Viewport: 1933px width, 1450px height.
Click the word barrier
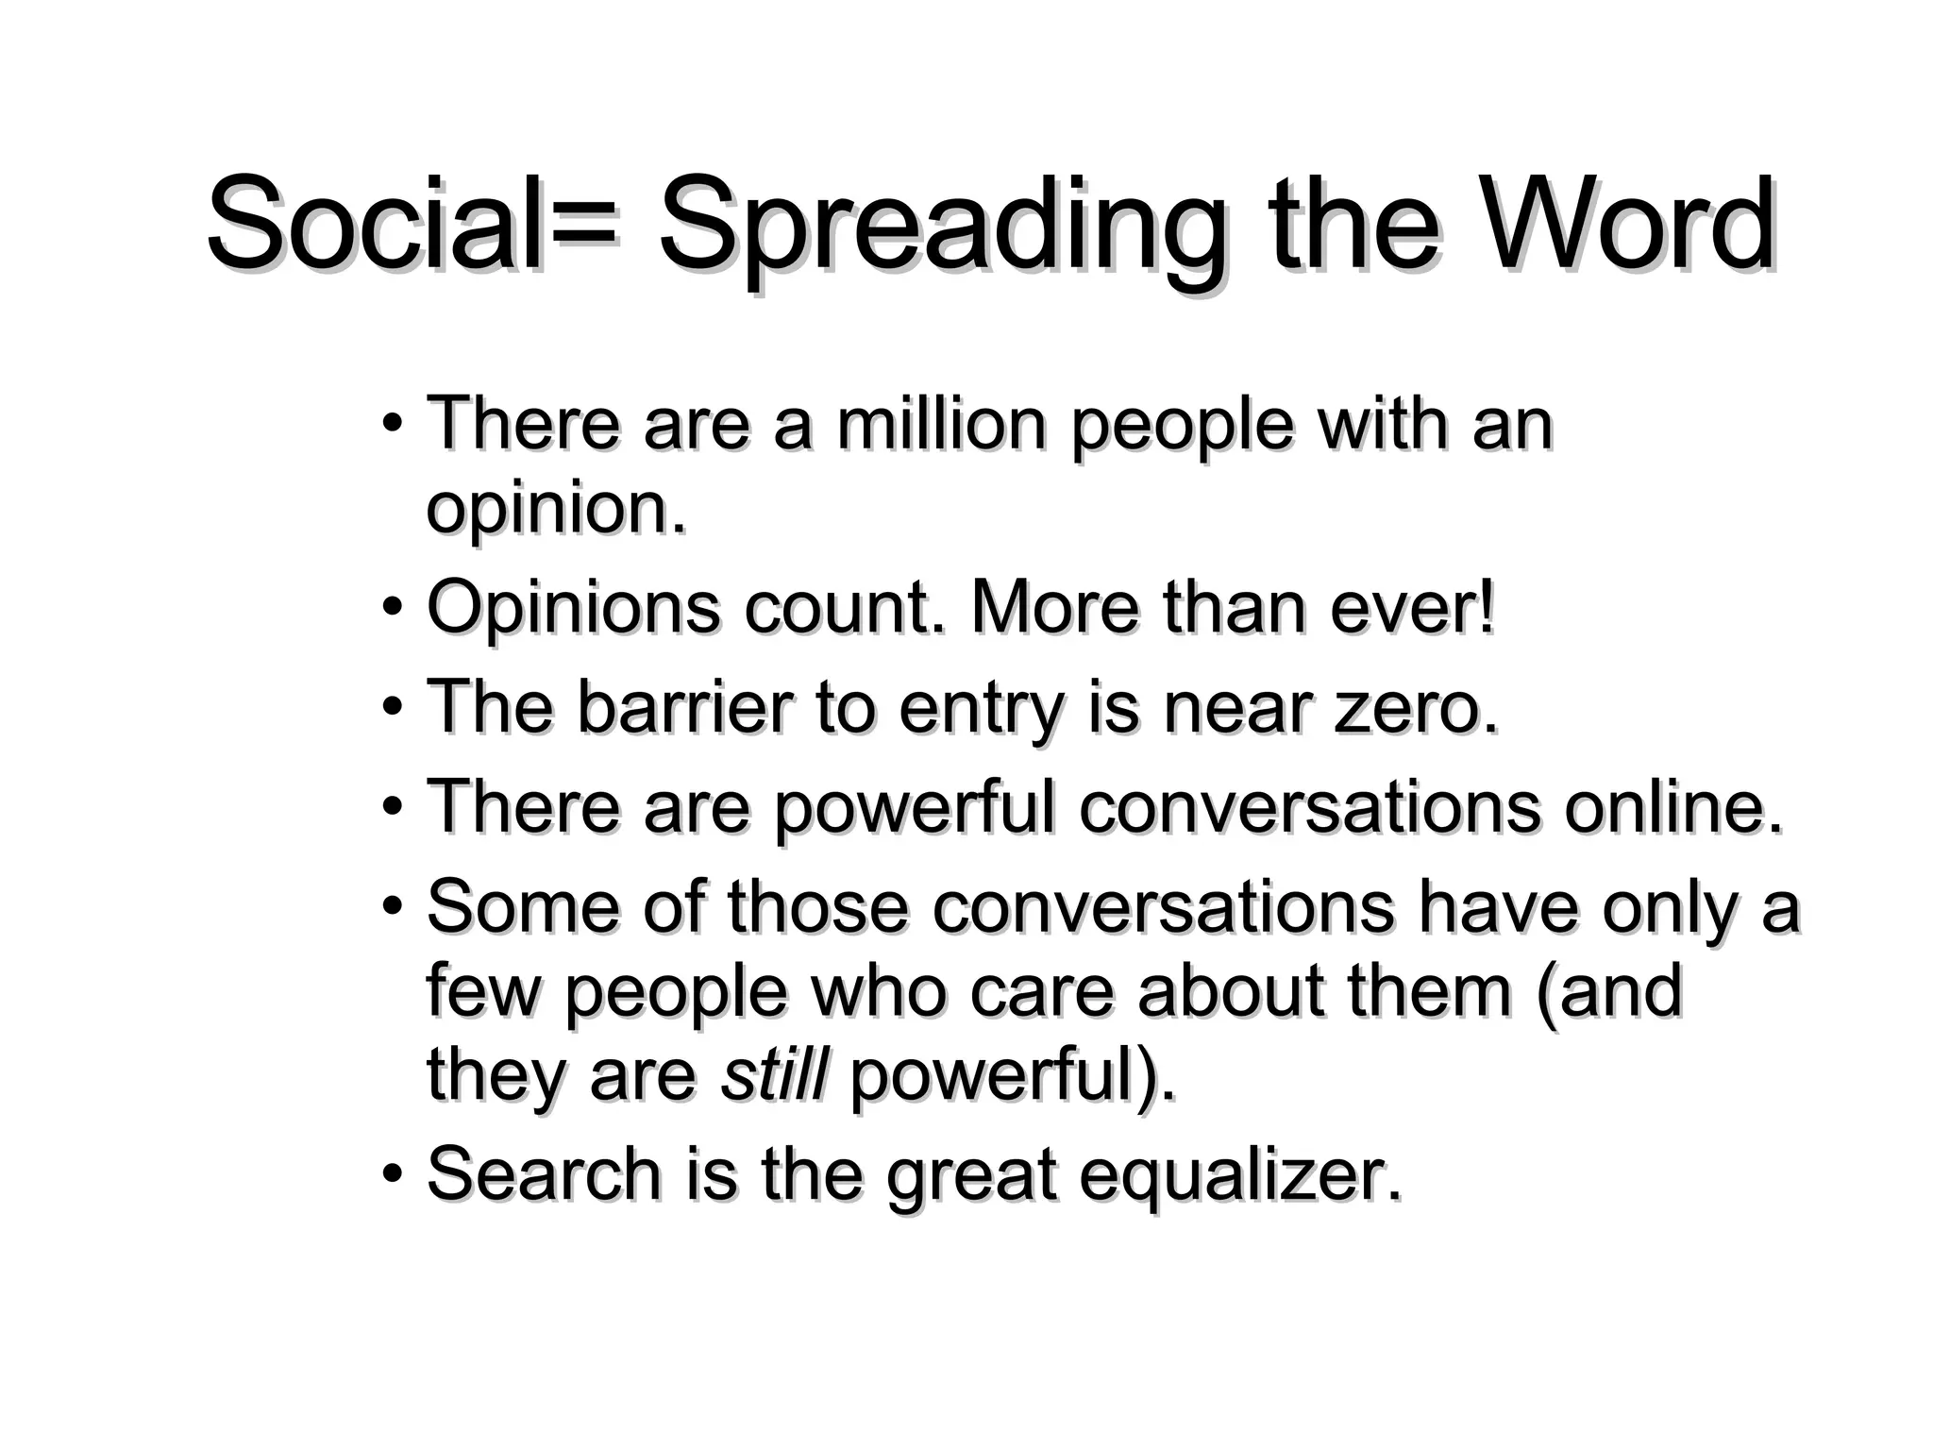685,708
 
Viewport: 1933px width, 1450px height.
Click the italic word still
774,1076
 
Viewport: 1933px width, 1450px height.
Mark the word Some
523,907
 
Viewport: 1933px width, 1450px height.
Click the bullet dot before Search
393,1175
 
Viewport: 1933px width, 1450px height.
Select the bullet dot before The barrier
393,707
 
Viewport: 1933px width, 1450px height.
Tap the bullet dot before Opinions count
393,607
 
